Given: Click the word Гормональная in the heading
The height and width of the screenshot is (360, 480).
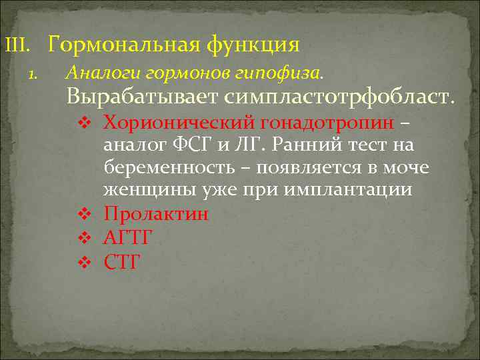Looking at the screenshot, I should coord(125,45).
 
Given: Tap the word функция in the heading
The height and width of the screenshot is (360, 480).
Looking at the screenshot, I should coord(253,45).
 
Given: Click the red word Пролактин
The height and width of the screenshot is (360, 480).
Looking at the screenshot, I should coord(156,214).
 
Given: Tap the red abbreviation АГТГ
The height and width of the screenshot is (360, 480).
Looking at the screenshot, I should coord(128,237).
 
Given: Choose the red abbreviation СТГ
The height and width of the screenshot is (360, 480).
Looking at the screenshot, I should coord(122,261).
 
